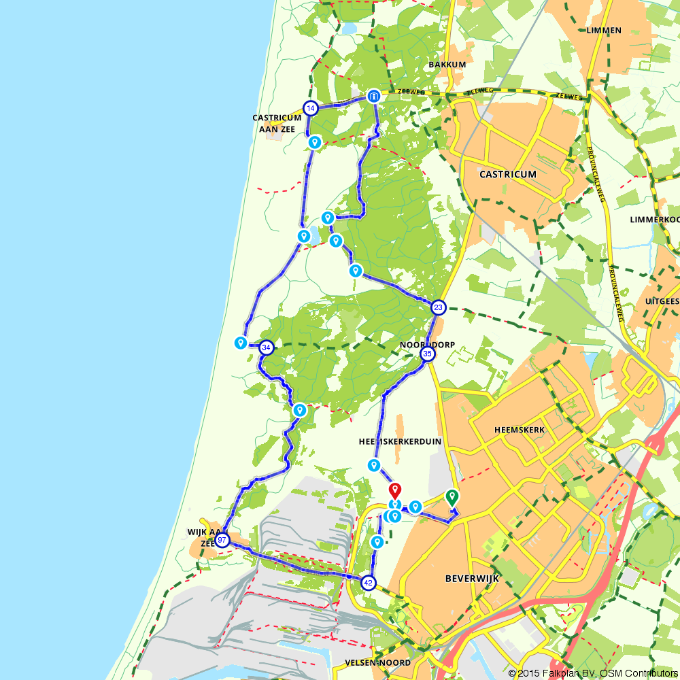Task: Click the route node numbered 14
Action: tap(311, 108)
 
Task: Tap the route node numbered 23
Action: tap(439, 307)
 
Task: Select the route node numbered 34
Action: tap(267, 347)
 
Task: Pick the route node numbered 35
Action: tap(428, 354)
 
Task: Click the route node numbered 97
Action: tap(222, 540)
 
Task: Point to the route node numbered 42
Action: tap(369, 583)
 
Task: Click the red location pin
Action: tap(394, 490)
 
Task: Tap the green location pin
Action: tap(452, 497)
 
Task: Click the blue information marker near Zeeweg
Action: tap(373, 97)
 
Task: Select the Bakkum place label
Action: tap(447, 65)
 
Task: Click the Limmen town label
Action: tap(603, 31)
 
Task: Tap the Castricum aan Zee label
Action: tap(277, 122)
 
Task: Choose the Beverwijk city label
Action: tap(472, 578)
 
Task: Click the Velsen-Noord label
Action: tap(377, 662)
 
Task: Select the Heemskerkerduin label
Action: tap(400, 441)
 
